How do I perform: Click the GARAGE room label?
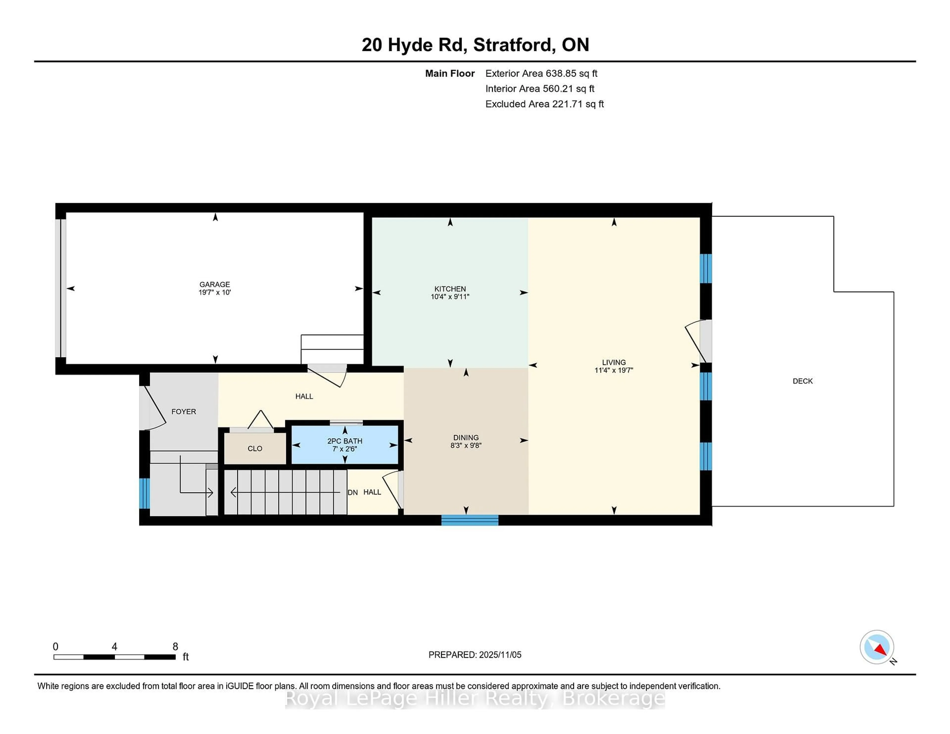214,284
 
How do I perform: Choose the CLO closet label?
255,448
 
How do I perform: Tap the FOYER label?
184,411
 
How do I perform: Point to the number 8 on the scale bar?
175,647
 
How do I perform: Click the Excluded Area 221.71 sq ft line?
544,104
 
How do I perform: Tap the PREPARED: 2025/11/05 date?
475,654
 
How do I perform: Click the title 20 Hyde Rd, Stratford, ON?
475,45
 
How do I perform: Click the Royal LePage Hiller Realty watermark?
475,699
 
